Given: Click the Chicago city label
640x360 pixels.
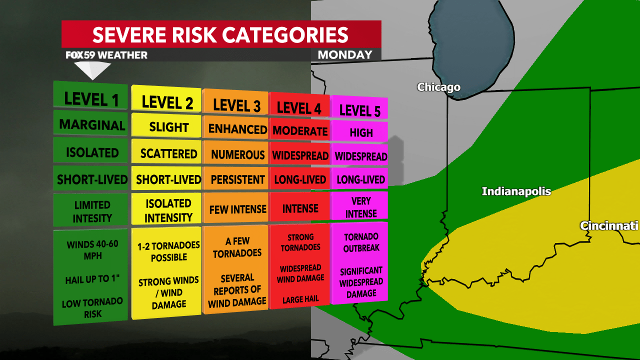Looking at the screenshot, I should (438, 87).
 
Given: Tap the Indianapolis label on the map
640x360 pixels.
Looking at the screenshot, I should (516, 191).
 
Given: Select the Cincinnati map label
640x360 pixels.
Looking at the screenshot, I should (609, 226).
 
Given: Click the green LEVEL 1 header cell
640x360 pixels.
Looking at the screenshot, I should (91, 99).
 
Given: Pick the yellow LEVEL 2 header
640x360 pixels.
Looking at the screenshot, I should (167, 102).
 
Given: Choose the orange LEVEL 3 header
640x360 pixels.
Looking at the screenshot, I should (236, 105).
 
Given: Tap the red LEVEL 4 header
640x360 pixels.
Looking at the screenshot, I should (299, 107).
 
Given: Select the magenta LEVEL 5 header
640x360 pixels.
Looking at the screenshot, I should (359, 110).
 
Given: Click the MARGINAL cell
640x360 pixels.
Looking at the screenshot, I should (92, 125).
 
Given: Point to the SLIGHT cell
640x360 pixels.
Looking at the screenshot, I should (168, 127).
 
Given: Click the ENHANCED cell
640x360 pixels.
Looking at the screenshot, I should (237, 129).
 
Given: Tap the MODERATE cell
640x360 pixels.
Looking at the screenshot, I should (300, 131).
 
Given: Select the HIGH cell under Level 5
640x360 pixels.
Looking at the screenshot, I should (361, 132).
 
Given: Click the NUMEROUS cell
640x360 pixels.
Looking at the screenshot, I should (237, 155).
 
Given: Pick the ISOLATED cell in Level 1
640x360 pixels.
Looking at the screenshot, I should (92, 152).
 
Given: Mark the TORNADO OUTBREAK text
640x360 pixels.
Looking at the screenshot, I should (361, 242).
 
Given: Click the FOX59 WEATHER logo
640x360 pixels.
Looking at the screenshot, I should (106, 55).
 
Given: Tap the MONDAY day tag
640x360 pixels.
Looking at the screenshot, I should (345, 55).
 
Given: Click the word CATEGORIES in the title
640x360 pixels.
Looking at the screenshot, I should (285, 35).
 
